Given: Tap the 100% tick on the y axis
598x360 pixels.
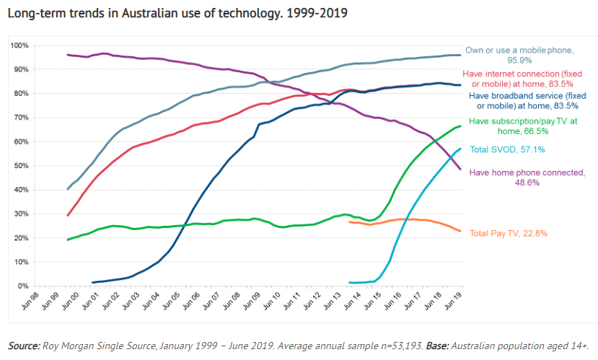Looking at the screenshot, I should (x=19, y=45).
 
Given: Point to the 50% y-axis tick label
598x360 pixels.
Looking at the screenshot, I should (x=21, y=166).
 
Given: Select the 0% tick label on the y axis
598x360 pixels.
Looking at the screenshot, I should (x=22, y=286).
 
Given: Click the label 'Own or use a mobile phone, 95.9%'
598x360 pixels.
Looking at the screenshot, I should (x=519, y=55).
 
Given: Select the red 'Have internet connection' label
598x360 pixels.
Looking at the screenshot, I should (x=523, y=79).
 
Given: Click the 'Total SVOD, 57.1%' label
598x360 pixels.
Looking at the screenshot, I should (x=507, y=150).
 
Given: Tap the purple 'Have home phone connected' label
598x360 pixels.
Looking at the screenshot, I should (x=527, y=177).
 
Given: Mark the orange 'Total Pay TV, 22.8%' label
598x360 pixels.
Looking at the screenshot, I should (x=509, y=233).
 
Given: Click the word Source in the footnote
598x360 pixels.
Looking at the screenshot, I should (x=24, y=346).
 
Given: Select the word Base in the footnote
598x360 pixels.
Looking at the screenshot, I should (x=436, y=346).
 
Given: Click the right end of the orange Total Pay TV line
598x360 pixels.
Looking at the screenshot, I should (x=461, y=231).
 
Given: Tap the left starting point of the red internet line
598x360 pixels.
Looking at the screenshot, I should (x=68, y=215).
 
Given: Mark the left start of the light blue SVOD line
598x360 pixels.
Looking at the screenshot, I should (x=349, y=282).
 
